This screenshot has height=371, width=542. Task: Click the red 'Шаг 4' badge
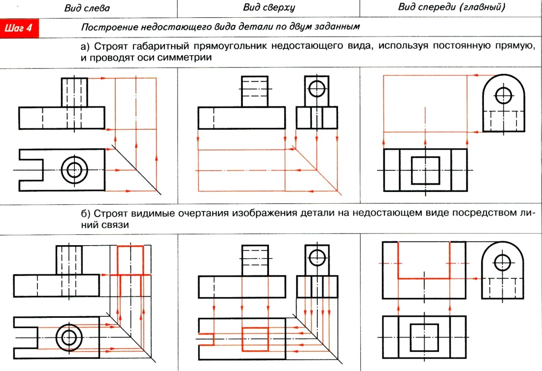click(20, 28)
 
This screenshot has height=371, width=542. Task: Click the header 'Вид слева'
click(87, 8)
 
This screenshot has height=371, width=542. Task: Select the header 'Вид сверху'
click(269, 8)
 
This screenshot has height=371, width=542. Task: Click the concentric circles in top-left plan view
click(74, 170)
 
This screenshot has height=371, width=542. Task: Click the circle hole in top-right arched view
click(503, 94)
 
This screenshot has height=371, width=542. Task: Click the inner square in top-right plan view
click(425, 170)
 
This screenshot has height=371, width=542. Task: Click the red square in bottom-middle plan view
click(255, 338)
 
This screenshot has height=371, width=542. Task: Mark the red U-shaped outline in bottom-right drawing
click(424, 278)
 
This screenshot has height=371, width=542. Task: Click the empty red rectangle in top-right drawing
click(425, 103)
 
